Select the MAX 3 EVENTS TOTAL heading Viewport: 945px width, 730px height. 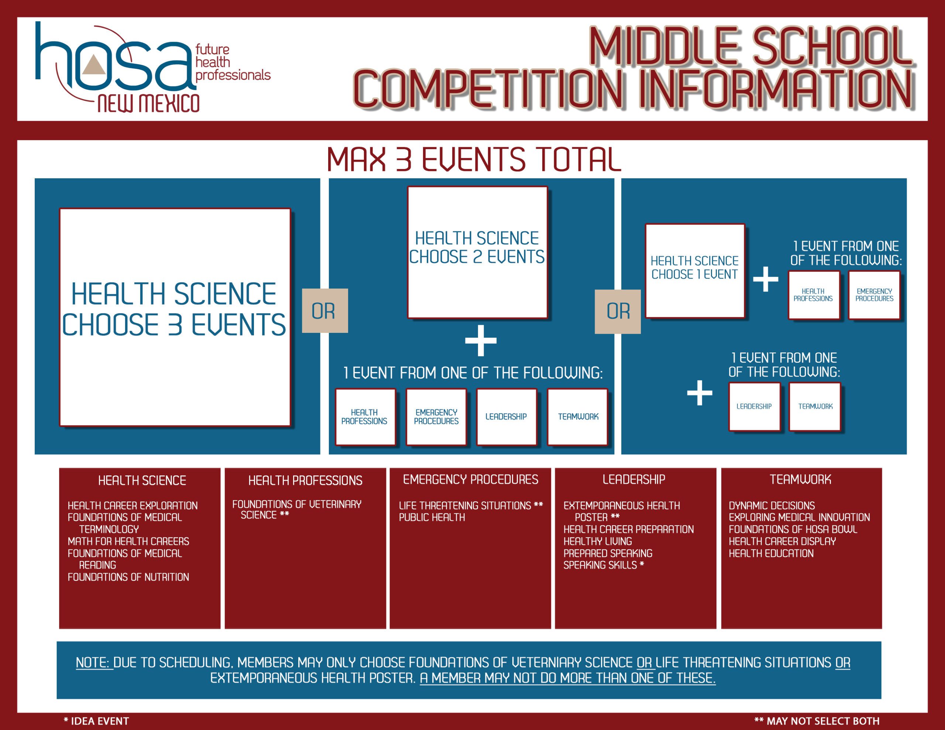coord(474,159)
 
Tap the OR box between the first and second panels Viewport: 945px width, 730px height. coord(325,311)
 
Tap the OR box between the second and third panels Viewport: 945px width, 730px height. coord(618,311)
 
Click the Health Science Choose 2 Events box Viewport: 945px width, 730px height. coord(478,252)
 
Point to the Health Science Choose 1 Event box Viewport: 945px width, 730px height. coord(695,271)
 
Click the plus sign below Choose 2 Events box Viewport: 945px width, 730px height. coord(481,341)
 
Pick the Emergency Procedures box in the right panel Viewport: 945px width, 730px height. coord(874,295)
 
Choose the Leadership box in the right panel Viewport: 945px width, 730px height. coord(755,407)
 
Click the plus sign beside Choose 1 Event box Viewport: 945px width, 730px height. coord(766,279)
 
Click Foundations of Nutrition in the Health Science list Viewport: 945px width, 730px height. coord(128,577)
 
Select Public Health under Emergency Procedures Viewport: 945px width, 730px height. coord(432,517)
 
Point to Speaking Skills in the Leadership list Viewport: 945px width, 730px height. coord(604,565)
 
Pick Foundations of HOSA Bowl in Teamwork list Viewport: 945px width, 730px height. coord(793,529)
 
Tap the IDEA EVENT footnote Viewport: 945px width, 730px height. coord(96,721)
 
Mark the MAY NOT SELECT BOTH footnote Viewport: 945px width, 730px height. coord(817,721)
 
